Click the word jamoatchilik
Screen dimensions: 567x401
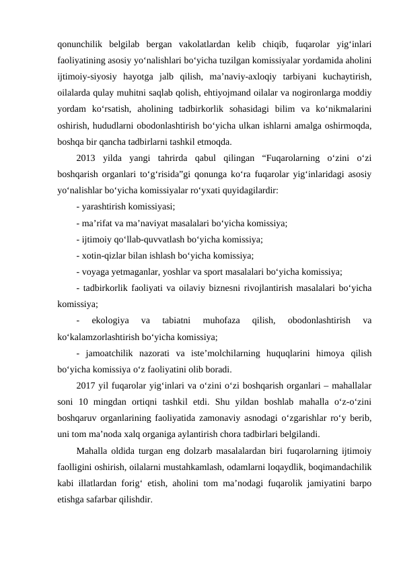(108, 352)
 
